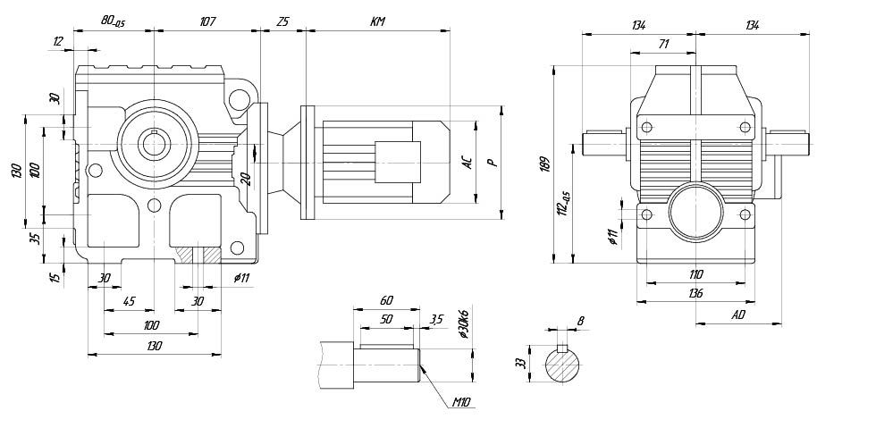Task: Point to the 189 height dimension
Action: [x=545, y=164]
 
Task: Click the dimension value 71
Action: [x=663, y=43]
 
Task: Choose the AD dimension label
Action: [x=738, y=315]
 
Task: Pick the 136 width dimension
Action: [x=695, y=293]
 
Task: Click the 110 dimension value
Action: [x=695, y=274]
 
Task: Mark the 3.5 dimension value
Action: [x=436, y=319]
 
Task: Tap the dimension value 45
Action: [x=129, y=301]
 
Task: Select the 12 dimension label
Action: [x=59, y=41]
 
